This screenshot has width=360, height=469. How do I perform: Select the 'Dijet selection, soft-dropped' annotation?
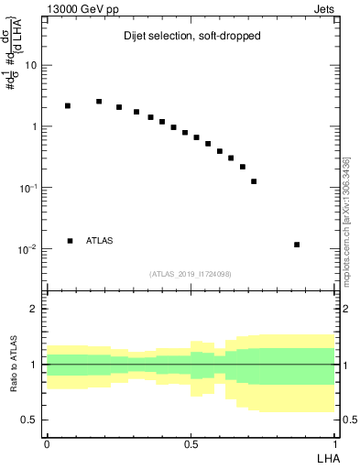tap(192, 38)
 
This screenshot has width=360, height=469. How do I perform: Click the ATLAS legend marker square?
tap(70, 241)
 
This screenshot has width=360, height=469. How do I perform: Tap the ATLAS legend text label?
tap(100, 241)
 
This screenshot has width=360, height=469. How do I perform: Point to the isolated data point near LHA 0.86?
tap(297, 245)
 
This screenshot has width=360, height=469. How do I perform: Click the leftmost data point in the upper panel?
tap(68, 105)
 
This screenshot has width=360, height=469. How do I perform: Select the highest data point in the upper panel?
tap(99, 102)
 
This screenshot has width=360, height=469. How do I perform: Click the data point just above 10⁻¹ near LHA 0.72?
tap(254, 181)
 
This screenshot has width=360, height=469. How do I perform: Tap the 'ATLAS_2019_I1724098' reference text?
tap(191, 273)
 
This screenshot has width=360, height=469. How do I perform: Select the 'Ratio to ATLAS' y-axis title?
tap(12, 364)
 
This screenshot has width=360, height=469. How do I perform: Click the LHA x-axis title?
tap(324, 457)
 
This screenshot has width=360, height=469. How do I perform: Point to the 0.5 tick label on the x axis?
tap(191, 443)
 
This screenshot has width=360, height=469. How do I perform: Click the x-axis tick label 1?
tap(334, 443)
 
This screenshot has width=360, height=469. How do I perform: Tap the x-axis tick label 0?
tap(47, 443)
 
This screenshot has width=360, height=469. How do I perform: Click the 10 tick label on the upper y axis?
tap(31, 66)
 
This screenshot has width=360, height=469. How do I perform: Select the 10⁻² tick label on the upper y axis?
tap(29, 249)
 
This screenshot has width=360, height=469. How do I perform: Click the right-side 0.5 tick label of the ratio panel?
tap(349, 420)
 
